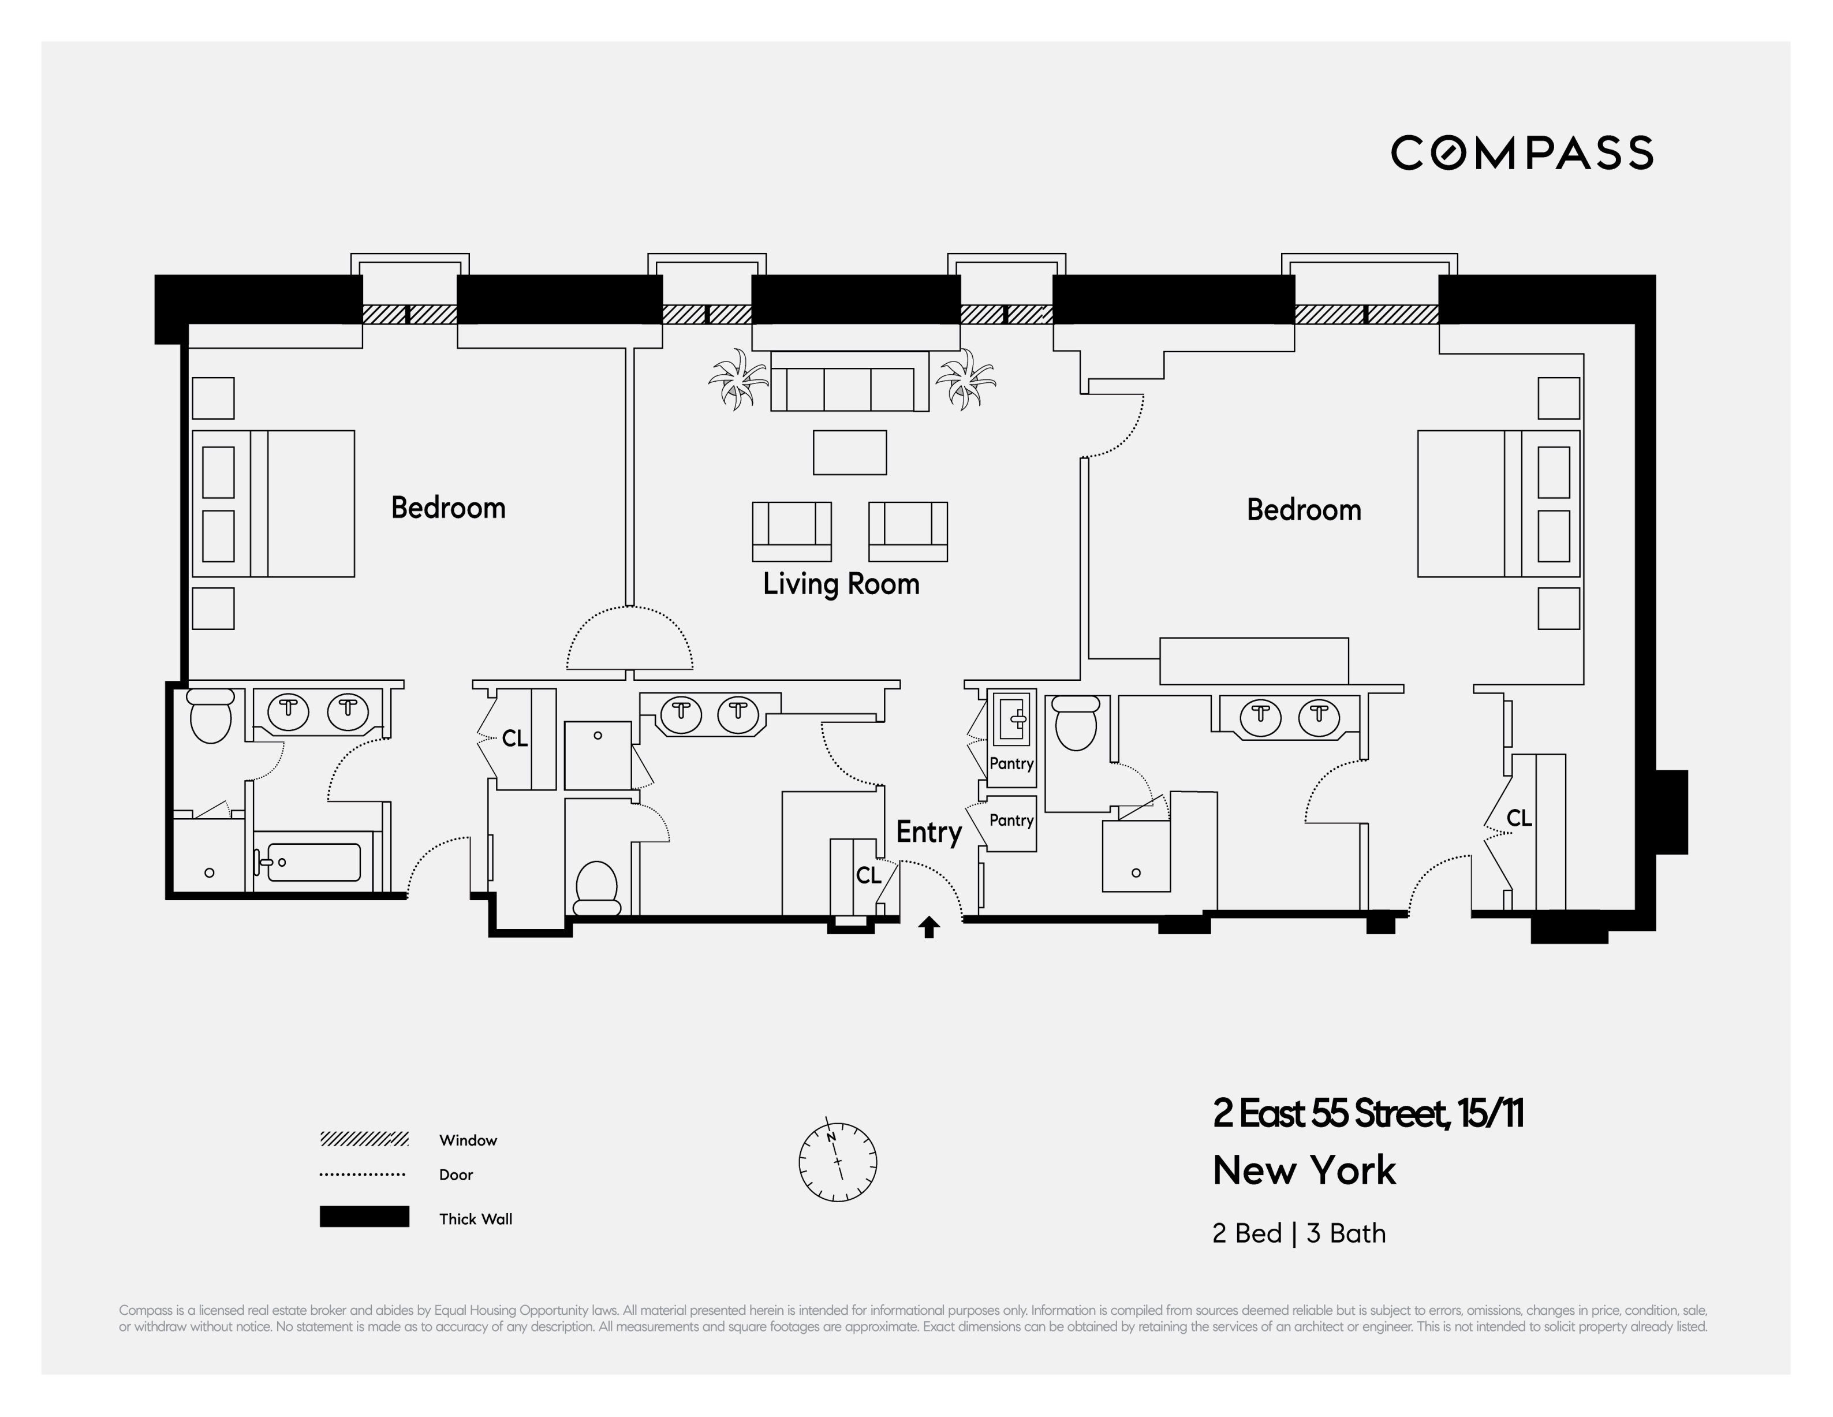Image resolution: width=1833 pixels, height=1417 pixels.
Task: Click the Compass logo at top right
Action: coord(1522,153)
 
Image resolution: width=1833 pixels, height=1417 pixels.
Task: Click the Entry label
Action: coord(928,832)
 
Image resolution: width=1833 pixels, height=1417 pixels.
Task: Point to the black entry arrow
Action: coord(929,927)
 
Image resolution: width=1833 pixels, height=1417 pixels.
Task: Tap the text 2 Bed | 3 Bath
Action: coord(1298,1233)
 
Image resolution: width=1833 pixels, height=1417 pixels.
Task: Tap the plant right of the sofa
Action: coord(965,379)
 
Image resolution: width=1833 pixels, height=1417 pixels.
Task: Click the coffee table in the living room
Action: coord(849,453)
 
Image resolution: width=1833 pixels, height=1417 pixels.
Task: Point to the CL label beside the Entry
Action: coord(868,875)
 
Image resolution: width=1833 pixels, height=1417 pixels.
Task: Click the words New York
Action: coord(1304,1170)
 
